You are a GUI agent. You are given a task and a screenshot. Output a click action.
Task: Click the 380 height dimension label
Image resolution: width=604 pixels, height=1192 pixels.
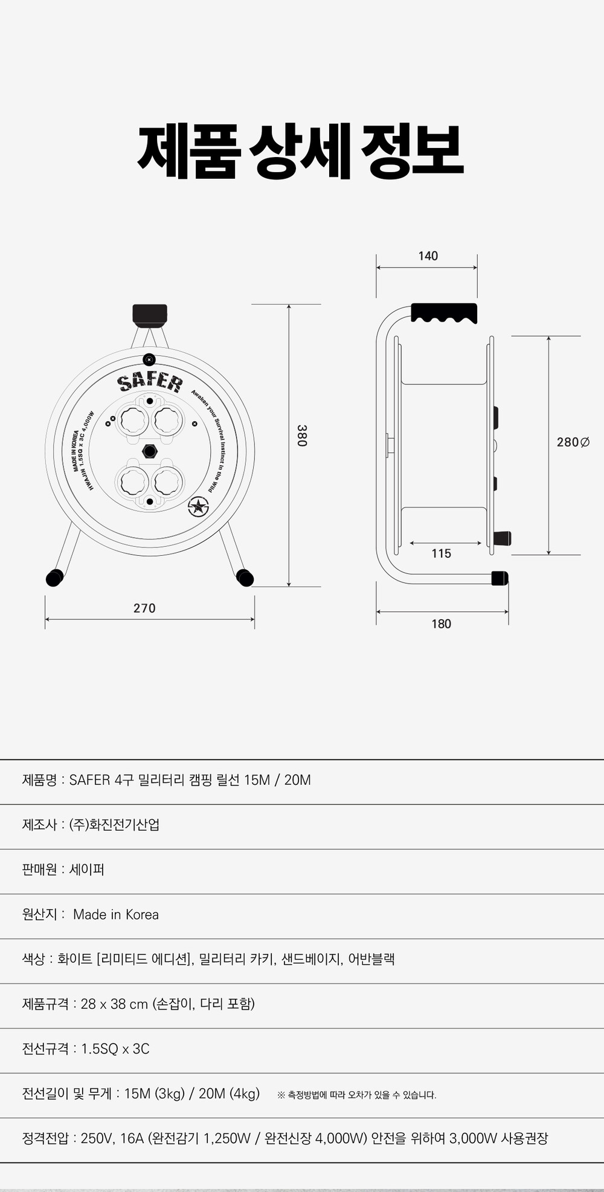[x=302, y=436]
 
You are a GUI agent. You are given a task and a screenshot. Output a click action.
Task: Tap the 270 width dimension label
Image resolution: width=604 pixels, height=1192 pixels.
[x=144, y=608]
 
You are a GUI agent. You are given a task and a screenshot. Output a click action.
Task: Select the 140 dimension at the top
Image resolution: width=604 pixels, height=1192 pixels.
[x=428, y=256]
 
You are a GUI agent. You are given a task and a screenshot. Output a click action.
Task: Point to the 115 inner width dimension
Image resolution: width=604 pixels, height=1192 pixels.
[x=441, y=553]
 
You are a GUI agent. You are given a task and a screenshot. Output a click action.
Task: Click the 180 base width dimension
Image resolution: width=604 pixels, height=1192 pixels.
[x=441, y=624]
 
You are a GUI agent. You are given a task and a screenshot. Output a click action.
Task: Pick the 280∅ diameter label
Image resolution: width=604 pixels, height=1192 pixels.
[x=573, y=442]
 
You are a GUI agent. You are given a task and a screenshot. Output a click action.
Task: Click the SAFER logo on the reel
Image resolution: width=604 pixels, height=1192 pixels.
[x=150, y=381]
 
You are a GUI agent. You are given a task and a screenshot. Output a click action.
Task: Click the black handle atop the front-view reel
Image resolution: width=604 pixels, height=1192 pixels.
[x=150, y=314]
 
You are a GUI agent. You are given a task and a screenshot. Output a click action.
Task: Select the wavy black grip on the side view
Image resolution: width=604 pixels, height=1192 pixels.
[x=444, y=313]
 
